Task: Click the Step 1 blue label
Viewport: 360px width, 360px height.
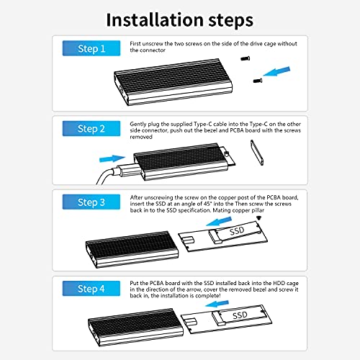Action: pos(91,48)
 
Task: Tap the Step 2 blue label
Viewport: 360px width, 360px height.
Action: pos(91,128)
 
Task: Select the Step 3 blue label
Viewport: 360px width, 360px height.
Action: pos(91,202)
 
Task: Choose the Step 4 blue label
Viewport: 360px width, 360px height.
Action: pos(91,288)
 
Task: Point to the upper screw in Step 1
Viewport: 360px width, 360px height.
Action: pos(246,58)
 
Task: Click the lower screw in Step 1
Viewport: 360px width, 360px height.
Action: pos(258,81)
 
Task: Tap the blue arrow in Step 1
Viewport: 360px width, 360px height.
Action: pos(276,71)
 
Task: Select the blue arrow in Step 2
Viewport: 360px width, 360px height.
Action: pos(112,158)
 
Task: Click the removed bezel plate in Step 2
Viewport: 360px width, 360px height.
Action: pos(257,153)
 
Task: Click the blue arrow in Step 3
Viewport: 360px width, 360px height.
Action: pos(219,221)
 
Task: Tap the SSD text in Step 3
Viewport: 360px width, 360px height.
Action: pos(237,231)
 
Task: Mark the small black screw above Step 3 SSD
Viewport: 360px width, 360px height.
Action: pos(258,218)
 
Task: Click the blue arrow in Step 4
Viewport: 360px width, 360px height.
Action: pos(217,304)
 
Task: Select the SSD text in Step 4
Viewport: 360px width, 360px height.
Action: pos(240,315)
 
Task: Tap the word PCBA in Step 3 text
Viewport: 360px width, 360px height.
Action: pos(274,197)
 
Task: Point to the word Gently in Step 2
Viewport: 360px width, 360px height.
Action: pos(138,125)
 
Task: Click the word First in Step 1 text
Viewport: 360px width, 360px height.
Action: pos(135,44)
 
